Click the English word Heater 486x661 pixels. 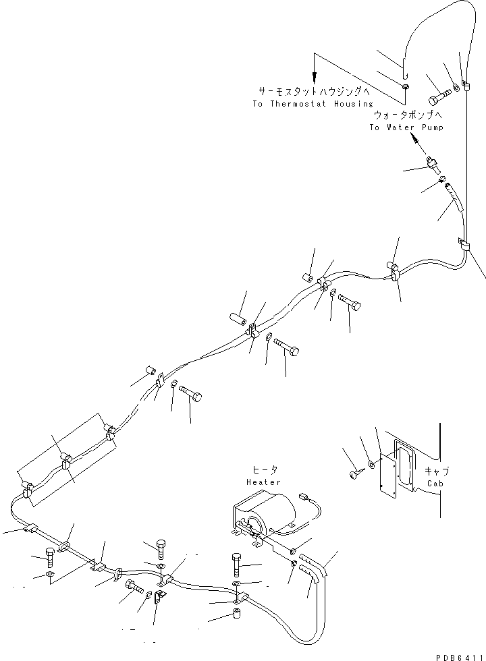(x=264, y=482)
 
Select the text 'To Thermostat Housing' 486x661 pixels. (x=313, y=104)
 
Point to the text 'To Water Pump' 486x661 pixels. (x=406, y=127)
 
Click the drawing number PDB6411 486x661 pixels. (x=458, y=655)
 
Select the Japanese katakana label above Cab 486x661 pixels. (x=437, y=471)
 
